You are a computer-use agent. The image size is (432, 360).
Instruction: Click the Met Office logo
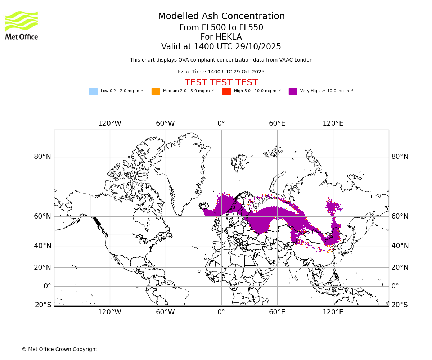pos(22,25)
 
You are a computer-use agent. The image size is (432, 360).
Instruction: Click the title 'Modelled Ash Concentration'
pos(221,17)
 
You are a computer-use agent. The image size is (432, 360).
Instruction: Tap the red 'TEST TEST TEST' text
pos(221,83)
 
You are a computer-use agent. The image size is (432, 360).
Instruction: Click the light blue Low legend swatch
pos(93,91)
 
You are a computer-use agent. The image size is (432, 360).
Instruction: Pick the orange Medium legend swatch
pos(156,91)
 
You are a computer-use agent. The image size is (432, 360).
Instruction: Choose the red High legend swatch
pos(226,91)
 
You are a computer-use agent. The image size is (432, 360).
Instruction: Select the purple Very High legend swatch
pos(293,91)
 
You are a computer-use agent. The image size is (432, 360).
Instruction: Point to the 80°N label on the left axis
pos(42,157)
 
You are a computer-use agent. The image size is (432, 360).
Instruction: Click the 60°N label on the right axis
pos(400,216)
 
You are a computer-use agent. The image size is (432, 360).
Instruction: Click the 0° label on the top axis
pos(221,123)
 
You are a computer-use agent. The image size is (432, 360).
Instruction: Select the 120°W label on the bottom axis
pos(109,312)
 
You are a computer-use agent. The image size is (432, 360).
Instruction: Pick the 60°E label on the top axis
pos(277,123)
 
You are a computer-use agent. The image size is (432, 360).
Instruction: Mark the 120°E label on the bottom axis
pos(333,312)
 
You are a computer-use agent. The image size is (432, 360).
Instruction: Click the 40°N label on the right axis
pos(400,246)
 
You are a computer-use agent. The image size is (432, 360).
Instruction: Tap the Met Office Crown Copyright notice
pos(59,350)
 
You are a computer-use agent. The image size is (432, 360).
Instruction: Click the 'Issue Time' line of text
pos(221,72)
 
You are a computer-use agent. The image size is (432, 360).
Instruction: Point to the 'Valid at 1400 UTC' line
pos(221,47)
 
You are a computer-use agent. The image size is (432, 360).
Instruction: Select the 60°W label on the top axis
pos(165,123)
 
